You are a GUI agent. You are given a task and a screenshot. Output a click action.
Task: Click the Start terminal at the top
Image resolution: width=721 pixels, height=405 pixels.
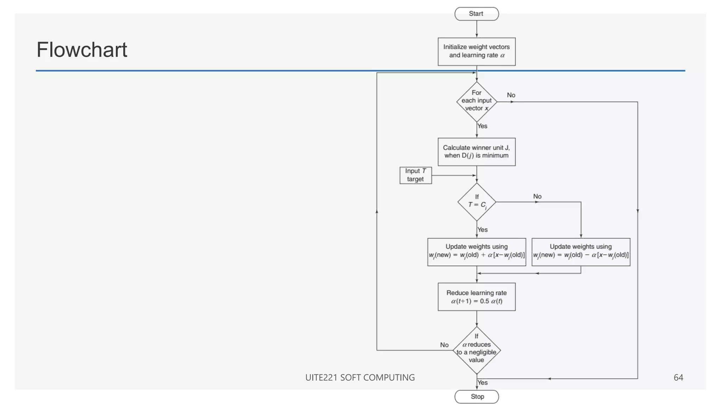(x=476, y=14)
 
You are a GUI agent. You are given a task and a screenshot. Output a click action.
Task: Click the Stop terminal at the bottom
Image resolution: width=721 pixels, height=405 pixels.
(x=477, y=397)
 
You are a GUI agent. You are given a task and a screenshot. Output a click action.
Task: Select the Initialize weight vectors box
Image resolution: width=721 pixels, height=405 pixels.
(x=476, y=51)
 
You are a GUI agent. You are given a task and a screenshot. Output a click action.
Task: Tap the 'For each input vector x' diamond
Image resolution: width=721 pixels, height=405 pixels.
(x=476, y=102)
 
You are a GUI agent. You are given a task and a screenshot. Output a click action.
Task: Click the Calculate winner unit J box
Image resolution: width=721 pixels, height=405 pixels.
(x=476, y=152)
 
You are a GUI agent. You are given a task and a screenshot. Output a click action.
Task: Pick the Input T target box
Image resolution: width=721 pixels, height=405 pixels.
(x=415, y=175)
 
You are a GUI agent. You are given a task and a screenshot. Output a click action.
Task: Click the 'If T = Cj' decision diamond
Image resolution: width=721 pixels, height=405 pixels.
(x=477, y=202)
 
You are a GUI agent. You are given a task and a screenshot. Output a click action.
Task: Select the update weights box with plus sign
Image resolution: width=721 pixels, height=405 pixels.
(x=476, y=252)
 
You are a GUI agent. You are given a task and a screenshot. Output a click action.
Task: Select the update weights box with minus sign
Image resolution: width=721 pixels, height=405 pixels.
(x=581, y=252)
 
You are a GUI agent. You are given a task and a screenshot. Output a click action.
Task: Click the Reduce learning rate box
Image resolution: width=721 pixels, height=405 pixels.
(x=476, y=297)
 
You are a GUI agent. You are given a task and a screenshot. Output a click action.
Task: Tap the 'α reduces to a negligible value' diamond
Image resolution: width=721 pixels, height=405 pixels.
(x=476, y=350)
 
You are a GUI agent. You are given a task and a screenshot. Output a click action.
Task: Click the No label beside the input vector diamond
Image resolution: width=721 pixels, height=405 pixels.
(x=511, y=95)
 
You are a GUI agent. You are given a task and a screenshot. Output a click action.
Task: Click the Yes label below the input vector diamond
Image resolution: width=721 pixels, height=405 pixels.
(x=482, y=126)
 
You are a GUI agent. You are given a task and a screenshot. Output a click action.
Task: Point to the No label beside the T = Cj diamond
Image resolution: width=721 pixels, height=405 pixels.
(x=537, y=196)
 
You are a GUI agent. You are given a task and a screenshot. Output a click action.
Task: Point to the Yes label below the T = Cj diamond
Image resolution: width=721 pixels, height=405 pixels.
(x=482, y=230)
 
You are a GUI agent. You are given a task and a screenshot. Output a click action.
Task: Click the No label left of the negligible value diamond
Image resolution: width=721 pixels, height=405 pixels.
(x=444, y=345)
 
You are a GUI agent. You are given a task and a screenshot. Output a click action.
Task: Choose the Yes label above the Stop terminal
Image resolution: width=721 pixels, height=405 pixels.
(x=482, y=382)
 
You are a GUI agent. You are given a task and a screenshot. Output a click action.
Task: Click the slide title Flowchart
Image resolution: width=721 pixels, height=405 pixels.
(x=82, y=50)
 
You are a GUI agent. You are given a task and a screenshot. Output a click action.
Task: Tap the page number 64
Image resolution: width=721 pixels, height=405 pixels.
(x=678, y=378)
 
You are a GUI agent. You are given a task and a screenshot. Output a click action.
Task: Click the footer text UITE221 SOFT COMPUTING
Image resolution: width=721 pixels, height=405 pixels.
(x=360, y=378)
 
